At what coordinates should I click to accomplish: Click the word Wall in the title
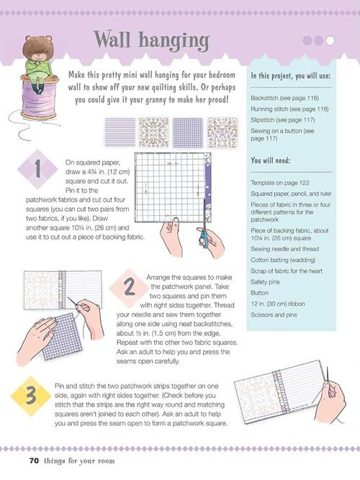(x=112, y=40)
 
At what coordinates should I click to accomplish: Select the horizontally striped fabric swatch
(x=120, y=132)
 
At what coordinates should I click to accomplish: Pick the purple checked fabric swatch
(x=188, y=132)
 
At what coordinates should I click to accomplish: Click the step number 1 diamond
(x=37, y=169)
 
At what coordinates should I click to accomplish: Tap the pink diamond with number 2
(x=129, y=288)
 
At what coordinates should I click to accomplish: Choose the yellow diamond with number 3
(x=31, y=396)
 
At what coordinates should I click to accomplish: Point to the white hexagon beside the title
(x=330, y=40)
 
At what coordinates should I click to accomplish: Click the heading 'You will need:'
(x=270, y=160)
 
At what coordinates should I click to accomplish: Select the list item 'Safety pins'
(x=265, y=282)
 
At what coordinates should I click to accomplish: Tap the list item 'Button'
(x=259, y=293)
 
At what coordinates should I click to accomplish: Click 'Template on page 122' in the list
(x=280, y=183)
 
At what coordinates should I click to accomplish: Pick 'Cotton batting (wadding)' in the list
(x=283, y=260)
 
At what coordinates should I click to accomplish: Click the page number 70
(x=34, y=461)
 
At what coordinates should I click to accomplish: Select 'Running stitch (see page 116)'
(x=289, y=109)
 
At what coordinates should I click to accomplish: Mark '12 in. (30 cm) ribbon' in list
(x=278, y=304)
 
